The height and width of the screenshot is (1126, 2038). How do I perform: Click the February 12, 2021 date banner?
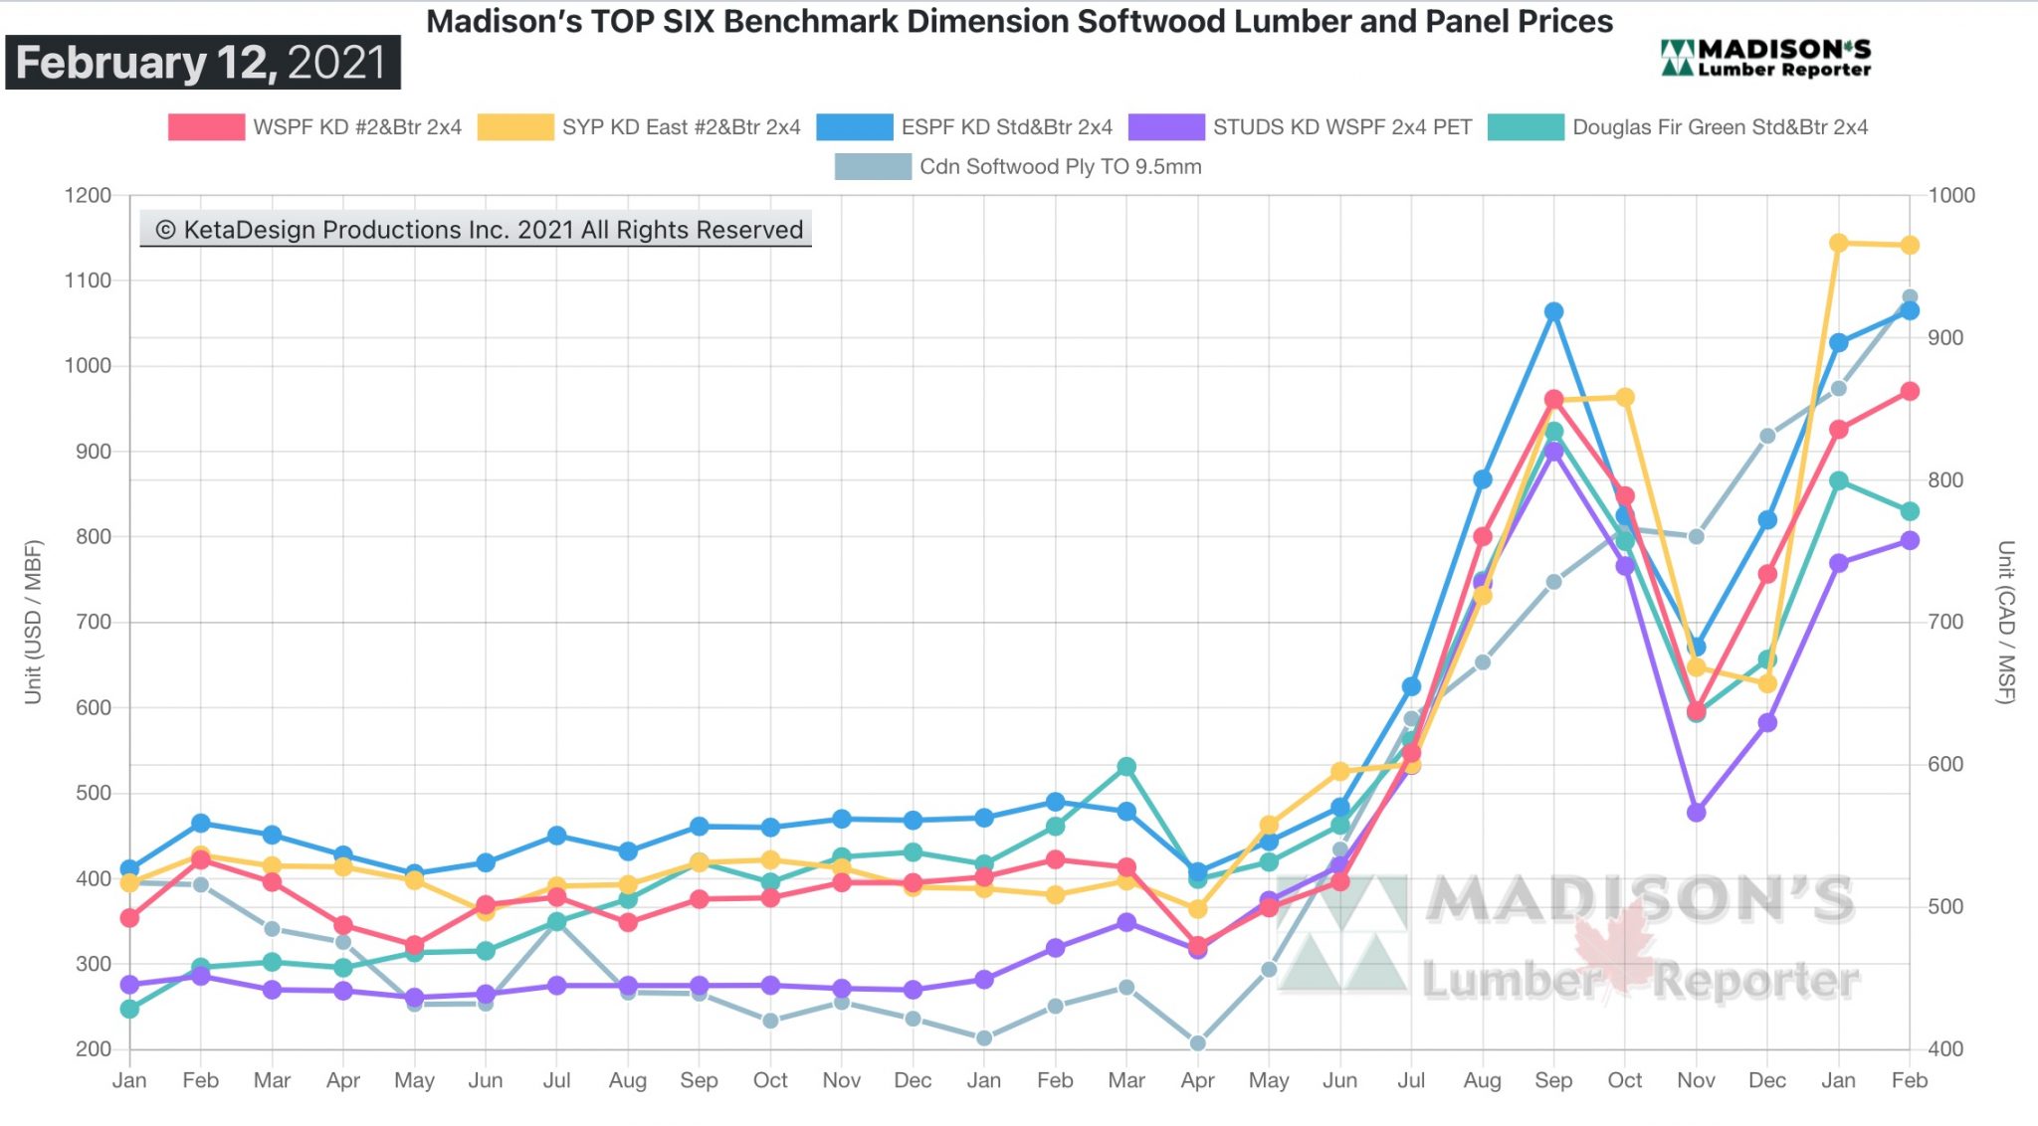click(x=203, y=63)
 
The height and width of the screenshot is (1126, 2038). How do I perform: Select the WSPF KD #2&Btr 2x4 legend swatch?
click(x=206, y=127)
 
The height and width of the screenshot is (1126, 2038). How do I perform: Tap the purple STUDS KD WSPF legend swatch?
click(x=1165, y=127)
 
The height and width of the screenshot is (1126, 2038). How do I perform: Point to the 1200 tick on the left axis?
click(x=88, y=196)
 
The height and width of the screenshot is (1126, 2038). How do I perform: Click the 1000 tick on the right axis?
click(x=1951, y=196)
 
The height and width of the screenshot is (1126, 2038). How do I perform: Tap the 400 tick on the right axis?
click(x=1945, y=1048)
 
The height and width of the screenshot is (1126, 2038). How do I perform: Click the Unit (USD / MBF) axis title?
click(x=34, y=622)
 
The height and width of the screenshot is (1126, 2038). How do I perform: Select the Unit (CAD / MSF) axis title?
click(x=2006, y=622)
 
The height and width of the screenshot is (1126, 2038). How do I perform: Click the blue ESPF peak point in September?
click(x=1553, y=311)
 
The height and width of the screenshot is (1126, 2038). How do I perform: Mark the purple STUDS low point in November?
click(x=1697, y=812)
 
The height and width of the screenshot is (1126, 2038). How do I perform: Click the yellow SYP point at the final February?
click(x=1910, y=245)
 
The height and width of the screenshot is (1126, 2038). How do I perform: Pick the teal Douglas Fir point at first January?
click(x=129, y=1009)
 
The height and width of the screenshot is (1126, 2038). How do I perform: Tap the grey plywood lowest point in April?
click(x=1198, y=1043)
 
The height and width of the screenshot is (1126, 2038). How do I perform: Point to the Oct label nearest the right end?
click(x=1625, y=1080)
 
